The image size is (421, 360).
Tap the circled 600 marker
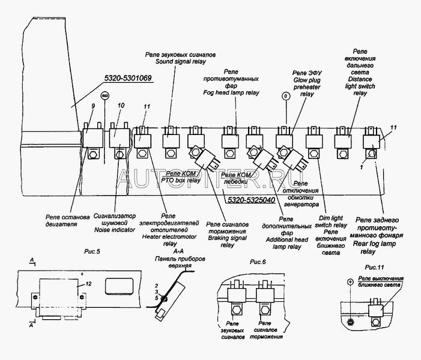click(x=104, y=95)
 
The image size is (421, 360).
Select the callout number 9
click(x=92, y=106)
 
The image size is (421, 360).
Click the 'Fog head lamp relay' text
click(x=232, y=93)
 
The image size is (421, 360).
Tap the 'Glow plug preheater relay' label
click(x=306, y=86)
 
